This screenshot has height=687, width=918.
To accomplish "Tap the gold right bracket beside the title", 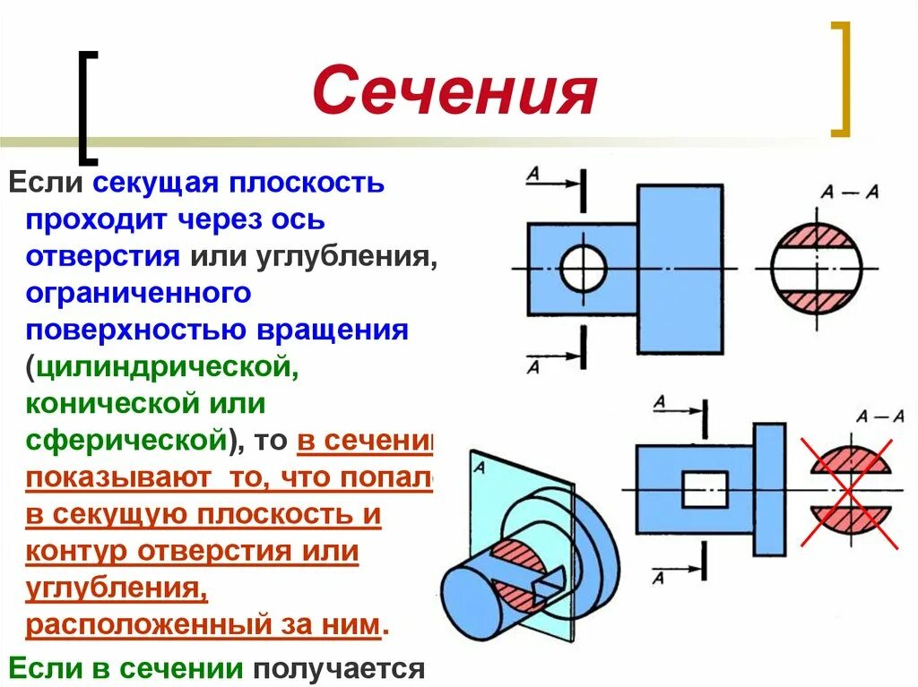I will tap(839, 79).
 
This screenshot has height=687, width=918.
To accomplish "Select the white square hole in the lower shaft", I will tap(705, 490).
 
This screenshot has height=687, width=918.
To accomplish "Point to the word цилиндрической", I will tap(160, 366).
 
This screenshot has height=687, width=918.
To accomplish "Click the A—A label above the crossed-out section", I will tap(879, 416).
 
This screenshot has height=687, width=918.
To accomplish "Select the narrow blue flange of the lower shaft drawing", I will tap(769, 489).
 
